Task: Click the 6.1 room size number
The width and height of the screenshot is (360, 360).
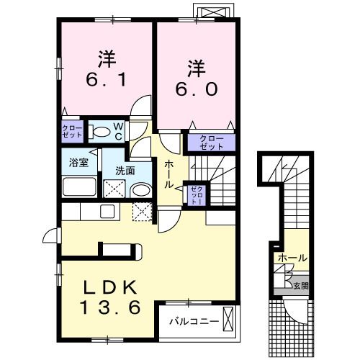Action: coord(106,79)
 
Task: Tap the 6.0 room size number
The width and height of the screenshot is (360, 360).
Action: coord(197,89)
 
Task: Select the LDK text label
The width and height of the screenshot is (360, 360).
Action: coord(110,287)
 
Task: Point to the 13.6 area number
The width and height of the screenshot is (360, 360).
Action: coord(110,307)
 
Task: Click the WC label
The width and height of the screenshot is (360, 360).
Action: coord(118,131)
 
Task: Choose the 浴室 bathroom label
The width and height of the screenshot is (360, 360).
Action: coord(78,163)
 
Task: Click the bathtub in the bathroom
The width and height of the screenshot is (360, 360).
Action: coord(79,186)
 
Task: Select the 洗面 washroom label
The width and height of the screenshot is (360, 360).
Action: coord(125,171)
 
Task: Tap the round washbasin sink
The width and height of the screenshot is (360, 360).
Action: coord(140,190)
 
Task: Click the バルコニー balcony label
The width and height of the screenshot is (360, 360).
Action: coord(194,321)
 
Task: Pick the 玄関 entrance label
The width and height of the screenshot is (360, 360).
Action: coord(301,286)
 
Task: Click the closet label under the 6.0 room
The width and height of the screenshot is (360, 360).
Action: coord(212,143)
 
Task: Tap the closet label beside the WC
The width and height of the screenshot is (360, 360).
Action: coord(72,131)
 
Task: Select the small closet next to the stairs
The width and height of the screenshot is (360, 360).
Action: coord(197,195)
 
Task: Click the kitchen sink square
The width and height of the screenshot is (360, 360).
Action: coord(107,211)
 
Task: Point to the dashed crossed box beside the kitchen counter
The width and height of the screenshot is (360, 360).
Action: coord(143,212)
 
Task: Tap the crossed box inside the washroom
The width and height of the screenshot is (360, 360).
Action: coord(114,189)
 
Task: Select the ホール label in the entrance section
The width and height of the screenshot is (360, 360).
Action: coord(292,258)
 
